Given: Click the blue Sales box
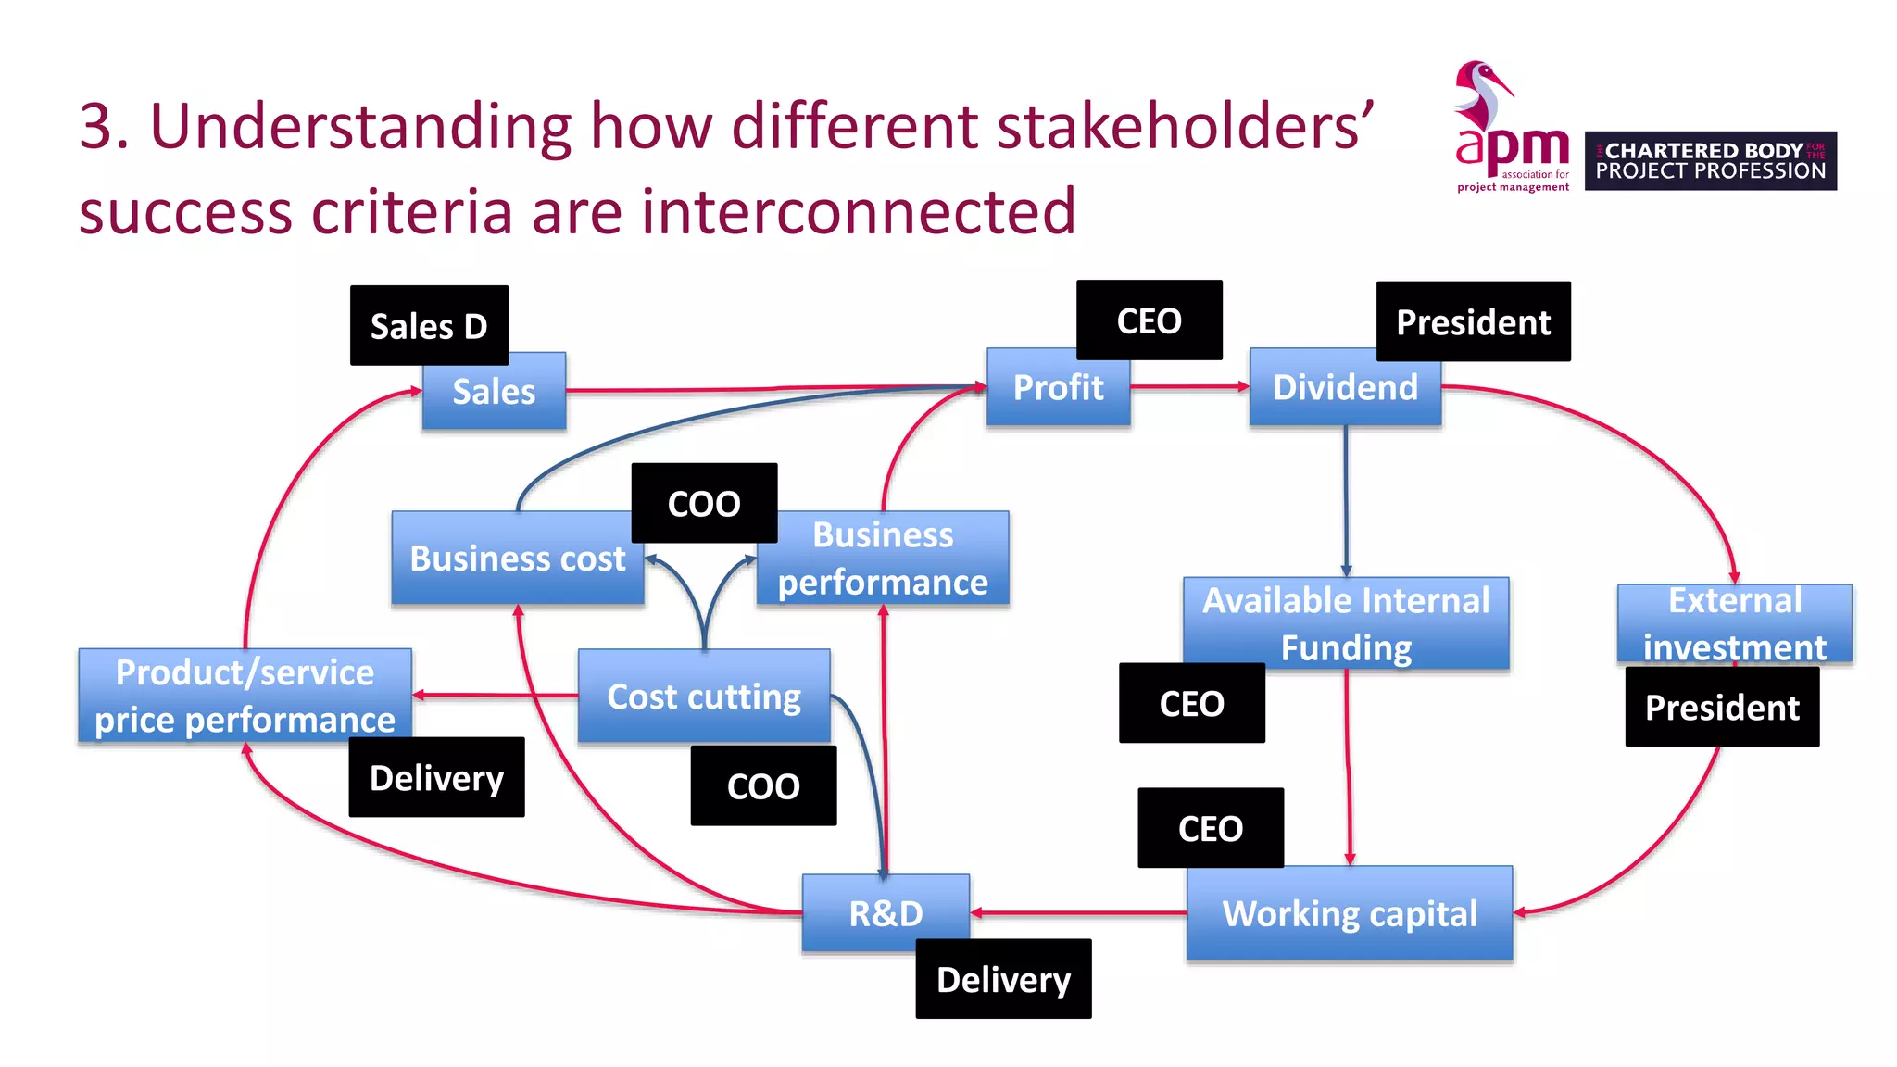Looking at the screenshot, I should point(494,392).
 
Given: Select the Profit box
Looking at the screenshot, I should point(1058,388).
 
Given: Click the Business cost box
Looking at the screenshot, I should point(517,559).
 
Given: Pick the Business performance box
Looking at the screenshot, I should point(883,559).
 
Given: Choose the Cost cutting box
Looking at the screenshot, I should point(704,697).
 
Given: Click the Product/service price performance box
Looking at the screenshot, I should point(245,697).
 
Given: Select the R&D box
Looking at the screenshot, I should point(886,914).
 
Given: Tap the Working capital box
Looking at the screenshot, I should point(1350,914).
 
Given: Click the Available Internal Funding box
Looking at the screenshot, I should point(1346,622).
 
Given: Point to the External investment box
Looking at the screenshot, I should point(1734,622).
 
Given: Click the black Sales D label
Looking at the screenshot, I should point(429,326).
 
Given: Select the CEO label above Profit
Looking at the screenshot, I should point(1149,320).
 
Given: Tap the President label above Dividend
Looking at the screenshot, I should point(1473,322).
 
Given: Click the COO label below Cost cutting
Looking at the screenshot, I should point(763,785).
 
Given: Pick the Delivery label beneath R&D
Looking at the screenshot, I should point(1003,979).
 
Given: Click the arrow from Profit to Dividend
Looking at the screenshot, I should point(1189,386).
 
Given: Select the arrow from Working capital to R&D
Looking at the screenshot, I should point(1079,913).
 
